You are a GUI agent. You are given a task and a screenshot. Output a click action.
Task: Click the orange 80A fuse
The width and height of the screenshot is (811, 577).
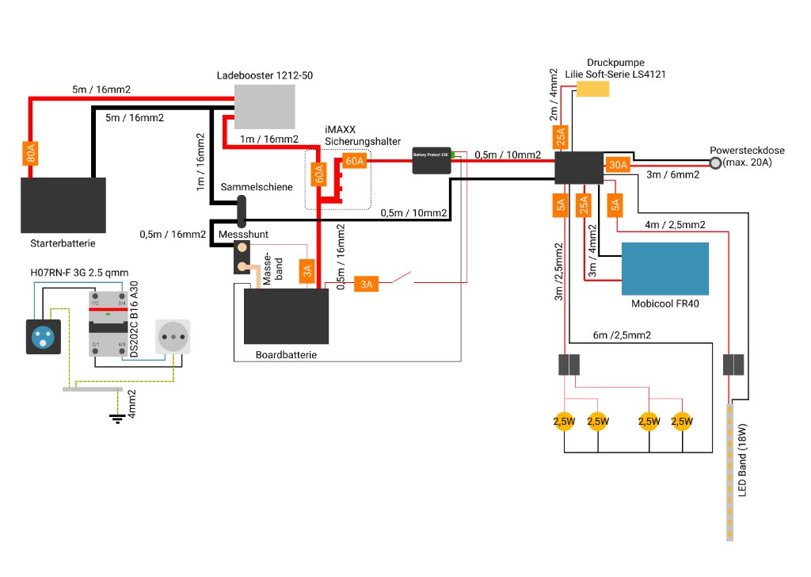coord(30,152)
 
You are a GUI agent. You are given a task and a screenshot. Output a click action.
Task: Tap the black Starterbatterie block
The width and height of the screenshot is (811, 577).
coord(63,204)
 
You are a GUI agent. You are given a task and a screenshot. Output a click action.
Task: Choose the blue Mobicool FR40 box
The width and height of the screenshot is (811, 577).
coord(665,268)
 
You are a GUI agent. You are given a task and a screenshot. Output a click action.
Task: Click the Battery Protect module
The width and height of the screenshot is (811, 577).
coord(432,161)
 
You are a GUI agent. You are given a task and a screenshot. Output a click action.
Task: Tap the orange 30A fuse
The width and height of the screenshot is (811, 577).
coord(617,165)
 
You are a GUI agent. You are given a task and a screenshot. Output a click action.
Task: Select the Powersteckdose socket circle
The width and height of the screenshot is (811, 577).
coord(715,163)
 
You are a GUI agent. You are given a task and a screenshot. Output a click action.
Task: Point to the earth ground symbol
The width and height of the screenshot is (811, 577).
coord(118,418)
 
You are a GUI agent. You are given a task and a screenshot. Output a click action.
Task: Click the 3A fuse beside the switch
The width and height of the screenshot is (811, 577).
coord(365,284)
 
